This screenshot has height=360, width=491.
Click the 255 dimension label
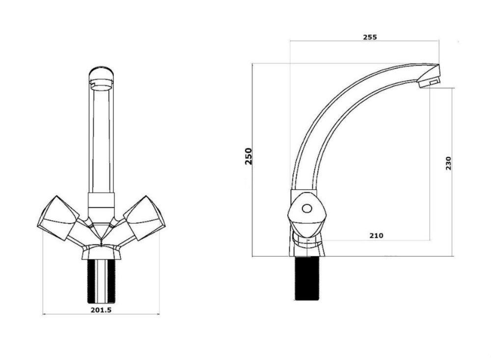370,37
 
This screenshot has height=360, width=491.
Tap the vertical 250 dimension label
248,156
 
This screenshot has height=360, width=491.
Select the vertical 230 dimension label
448,163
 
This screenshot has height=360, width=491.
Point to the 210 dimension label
376,236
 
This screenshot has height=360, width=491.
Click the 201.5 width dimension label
101,310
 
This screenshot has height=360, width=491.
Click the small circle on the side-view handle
306,209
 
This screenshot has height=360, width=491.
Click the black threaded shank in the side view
306,278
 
